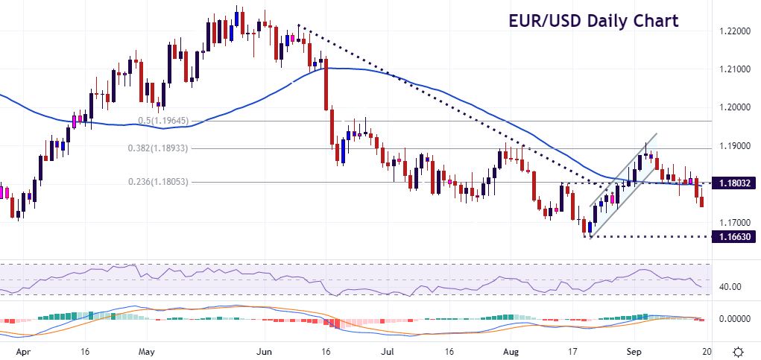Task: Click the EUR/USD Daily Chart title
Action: [x=594, y=20]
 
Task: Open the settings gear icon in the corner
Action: [x=738, y=350]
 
